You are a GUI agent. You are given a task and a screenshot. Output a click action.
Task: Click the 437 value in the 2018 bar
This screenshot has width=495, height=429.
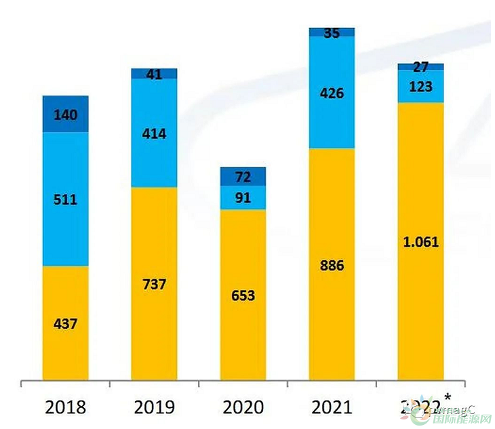pos(65,323)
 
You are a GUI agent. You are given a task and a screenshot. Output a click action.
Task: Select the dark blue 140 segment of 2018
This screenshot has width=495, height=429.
pos(65,115)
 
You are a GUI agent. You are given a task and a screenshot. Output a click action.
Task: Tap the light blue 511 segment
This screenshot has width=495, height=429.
pos(65,200)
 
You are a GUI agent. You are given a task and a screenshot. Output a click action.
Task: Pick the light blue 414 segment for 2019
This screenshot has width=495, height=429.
pos(154,134)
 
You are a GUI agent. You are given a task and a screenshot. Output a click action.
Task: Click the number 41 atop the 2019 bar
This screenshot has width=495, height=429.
pos(154,75)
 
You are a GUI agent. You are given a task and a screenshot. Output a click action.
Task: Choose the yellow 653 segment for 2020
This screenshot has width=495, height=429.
pos(243,295)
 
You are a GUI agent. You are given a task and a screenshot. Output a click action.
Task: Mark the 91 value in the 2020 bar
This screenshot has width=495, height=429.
pos(243,199)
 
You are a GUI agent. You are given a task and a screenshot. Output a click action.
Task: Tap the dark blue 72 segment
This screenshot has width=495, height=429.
pos(243,178)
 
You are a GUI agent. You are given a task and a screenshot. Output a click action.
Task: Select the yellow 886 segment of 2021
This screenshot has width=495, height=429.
pos(332,265)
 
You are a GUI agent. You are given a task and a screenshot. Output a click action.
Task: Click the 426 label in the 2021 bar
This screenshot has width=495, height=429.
pos(332,93)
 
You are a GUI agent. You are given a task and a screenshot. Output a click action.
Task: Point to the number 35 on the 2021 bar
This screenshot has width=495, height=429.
pos(332,32)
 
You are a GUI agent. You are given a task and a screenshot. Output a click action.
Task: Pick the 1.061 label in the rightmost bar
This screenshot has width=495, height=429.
pos(420,242)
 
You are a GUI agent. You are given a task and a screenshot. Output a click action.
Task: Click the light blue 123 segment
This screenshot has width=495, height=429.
pos(420,87)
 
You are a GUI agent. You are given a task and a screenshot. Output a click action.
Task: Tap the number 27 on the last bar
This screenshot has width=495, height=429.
pos(420,67)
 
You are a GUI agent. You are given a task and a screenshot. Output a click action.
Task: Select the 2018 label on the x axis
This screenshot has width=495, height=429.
pos(65,407)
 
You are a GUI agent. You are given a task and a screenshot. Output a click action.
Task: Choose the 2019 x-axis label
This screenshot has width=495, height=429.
pos(154,407)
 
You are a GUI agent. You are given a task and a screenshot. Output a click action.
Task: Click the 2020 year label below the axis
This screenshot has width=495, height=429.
pos(243,407)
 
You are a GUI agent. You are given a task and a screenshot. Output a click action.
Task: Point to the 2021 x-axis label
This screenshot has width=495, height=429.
pos(332,407)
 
